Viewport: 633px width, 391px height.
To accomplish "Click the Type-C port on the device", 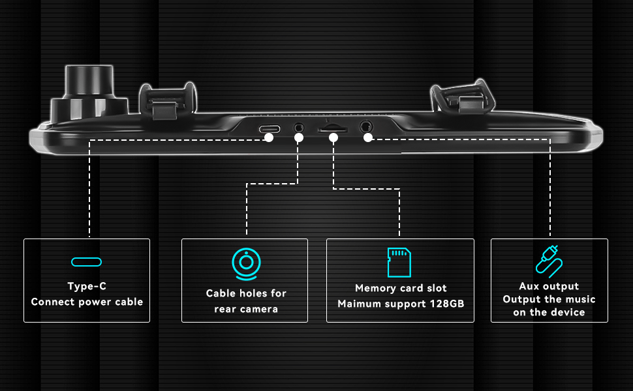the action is (268, 128).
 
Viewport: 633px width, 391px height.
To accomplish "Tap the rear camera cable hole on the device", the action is (299, 128).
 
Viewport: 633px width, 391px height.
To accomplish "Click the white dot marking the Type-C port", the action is (269, 138).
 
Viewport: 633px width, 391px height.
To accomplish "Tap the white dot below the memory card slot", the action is (333, 138).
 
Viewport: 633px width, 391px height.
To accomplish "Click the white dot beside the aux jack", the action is (368, 138).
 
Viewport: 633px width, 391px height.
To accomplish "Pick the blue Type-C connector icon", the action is (87, 262).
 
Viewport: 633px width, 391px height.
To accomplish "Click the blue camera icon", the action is (245, 263).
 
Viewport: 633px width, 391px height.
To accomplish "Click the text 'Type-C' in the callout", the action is (87, 286).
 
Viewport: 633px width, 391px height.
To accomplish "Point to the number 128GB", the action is (451, 304).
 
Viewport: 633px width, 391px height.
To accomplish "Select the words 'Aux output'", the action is (549, 286).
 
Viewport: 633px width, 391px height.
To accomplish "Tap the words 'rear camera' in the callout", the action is (245, 309).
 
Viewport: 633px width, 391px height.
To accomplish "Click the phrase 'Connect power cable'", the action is (87, 302).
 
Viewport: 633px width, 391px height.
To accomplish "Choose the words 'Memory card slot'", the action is (401, 288).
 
